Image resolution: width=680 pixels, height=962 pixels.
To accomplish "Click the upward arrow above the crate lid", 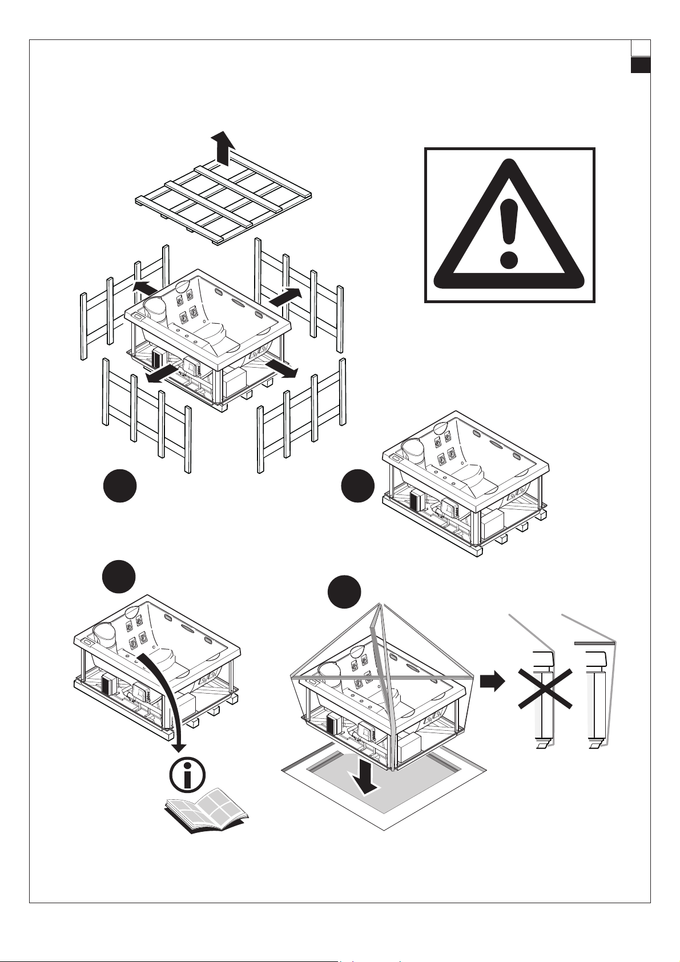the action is [x=222, y=146].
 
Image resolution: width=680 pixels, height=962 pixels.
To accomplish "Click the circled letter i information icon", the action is [x=188, y=774].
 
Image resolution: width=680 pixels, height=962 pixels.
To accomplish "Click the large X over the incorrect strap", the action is [x=545, y=690].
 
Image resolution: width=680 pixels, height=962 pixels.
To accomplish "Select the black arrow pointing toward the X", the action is [x=493, y=681].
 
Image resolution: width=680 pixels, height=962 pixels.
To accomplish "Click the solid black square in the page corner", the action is [x=641, y=65].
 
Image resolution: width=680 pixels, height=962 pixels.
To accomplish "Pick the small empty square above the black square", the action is [x=641, y=48].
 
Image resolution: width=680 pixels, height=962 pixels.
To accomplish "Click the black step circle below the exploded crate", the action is [x=119, y=486].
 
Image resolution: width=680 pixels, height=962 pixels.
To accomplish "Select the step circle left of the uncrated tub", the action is [x=357, y=486].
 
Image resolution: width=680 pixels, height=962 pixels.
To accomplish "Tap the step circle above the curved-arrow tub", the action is [x=119, y=577].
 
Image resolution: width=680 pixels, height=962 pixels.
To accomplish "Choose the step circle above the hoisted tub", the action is [x=344, y=591].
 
